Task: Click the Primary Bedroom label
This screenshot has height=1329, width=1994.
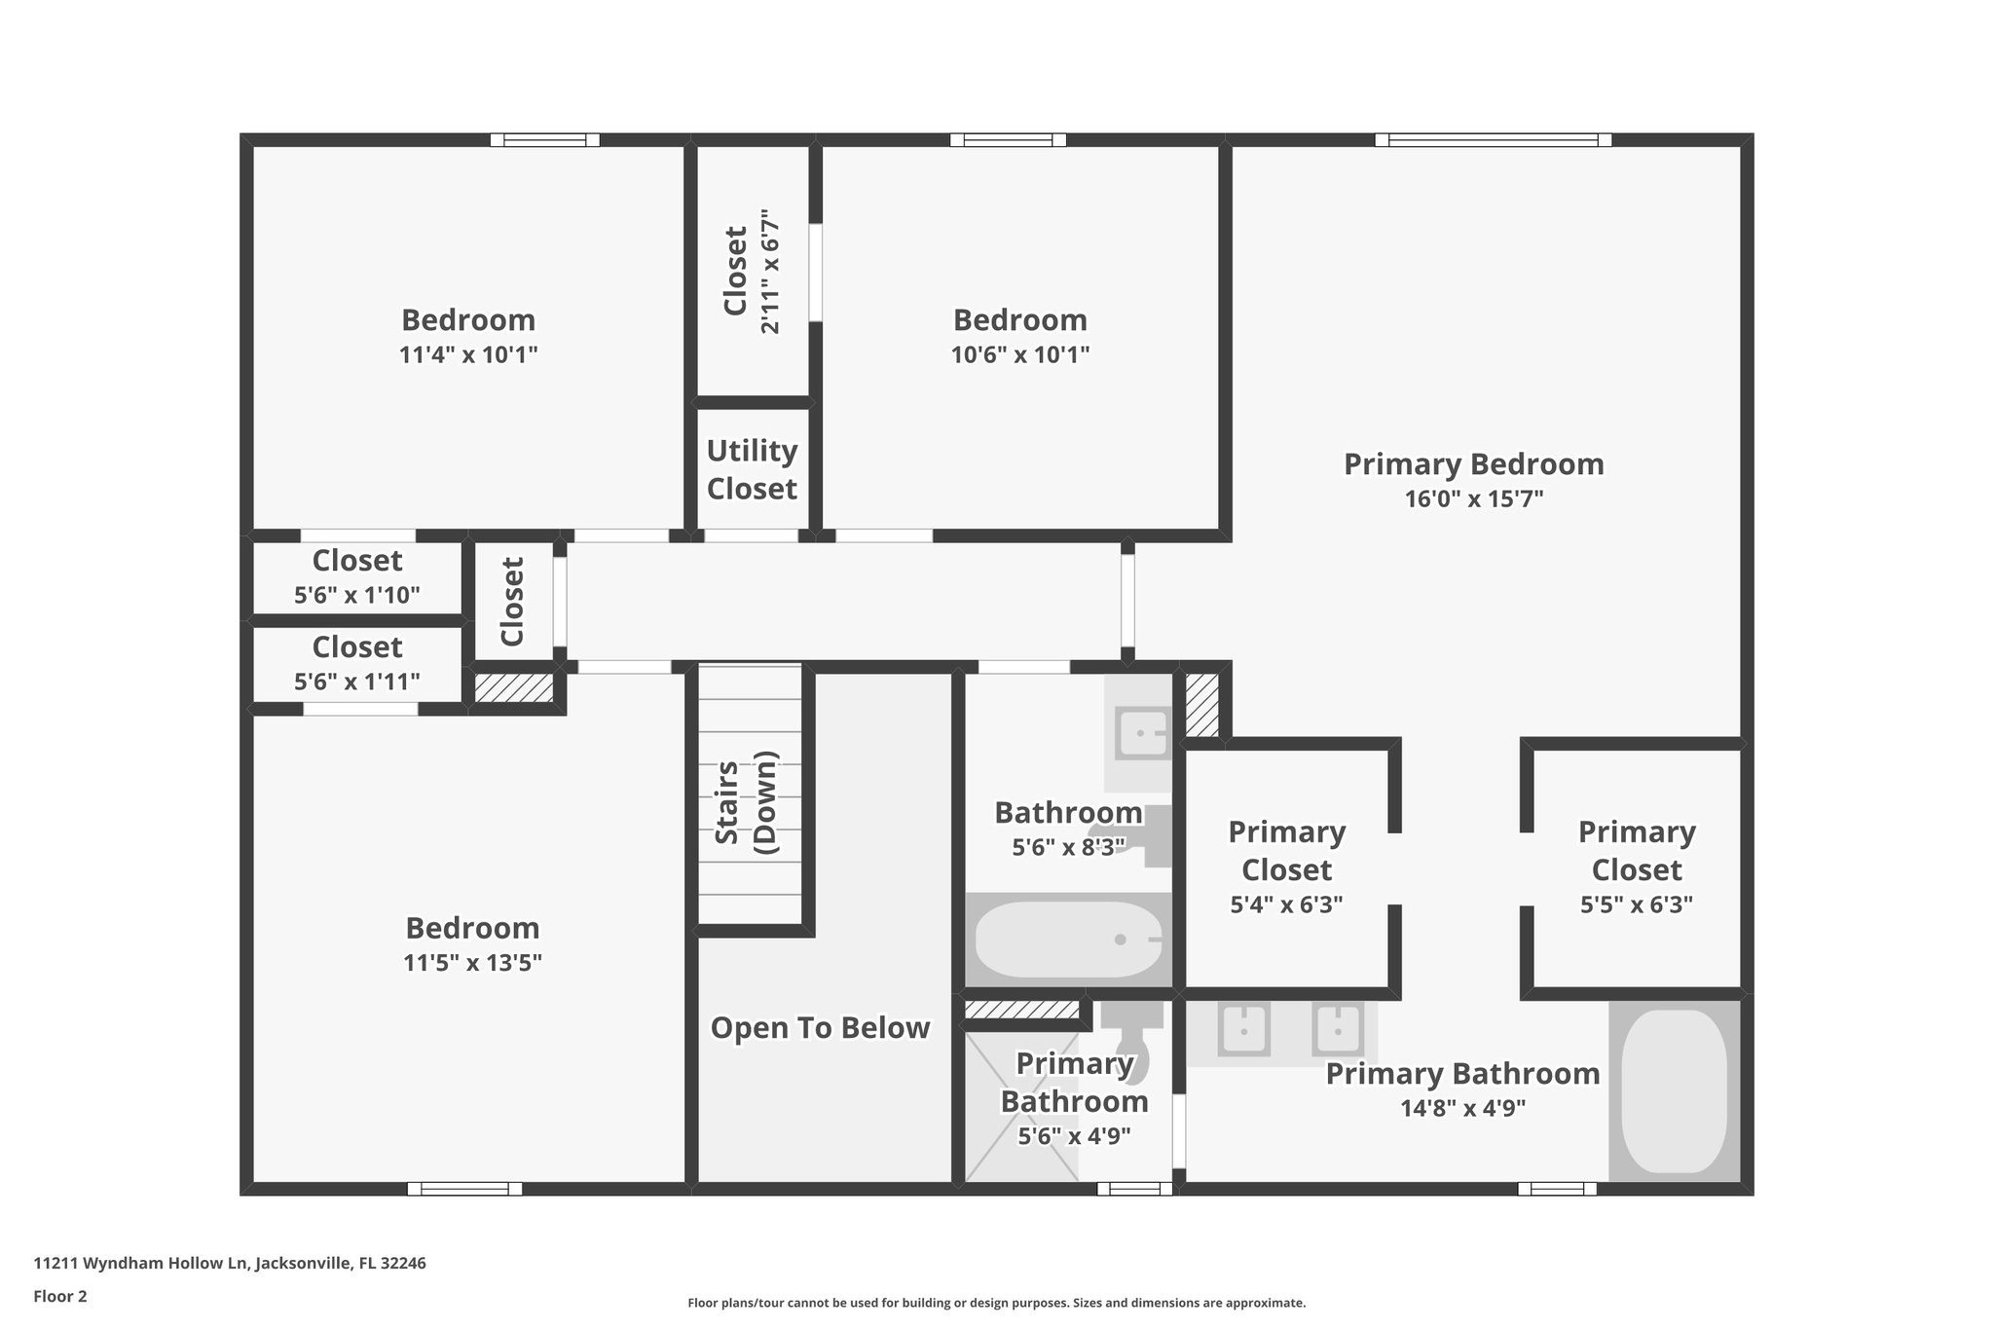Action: click(1474, 464)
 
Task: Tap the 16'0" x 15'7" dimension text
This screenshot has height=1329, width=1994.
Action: click(1474, 499)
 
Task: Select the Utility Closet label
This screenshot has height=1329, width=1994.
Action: click(752, 469)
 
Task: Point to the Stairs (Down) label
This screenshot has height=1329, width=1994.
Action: click(747, 802)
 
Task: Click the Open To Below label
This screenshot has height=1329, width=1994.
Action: click(820, 1028)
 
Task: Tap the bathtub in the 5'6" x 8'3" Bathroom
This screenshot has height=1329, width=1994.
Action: click(1068, 940)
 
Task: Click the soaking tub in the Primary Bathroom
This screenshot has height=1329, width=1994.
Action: click(1674, 1091)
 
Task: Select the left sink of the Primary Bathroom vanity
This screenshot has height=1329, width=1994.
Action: click(1243, 1030)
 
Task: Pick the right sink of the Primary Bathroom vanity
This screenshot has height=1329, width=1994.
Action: click(1337, 1030)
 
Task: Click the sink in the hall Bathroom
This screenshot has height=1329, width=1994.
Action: click(1142, 734)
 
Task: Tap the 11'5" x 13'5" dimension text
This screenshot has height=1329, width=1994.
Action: click(472, 963)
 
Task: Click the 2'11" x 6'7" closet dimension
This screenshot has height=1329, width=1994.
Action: click(770, 271)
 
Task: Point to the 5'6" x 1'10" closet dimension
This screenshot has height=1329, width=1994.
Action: click(357, 595)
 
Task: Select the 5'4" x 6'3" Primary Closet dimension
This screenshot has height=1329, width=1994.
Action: click(1286, 904)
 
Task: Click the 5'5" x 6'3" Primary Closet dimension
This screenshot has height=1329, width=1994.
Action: click(1637, 904)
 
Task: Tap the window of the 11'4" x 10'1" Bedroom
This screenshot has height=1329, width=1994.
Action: click(544, 140)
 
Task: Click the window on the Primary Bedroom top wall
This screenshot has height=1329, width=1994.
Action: click(1493, 140)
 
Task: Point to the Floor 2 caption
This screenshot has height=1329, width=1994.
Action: click(60, 1296)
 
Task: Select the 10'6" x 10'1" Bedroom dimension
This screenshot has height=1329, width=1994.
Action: click(1020, 354)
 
